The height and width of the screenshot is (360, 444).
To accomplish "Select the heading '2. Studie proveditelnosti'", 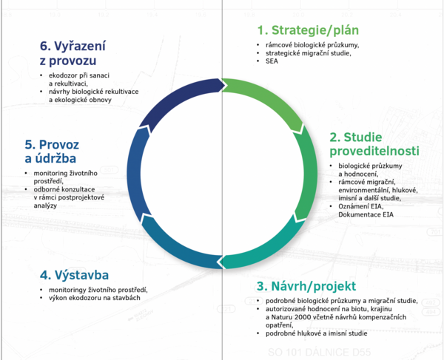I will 374,144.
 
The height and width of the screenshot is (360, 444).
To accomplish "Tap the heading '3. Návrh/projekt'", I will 306,286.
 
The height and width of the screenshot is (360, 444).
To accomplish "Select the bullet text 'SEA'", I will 272,63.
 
